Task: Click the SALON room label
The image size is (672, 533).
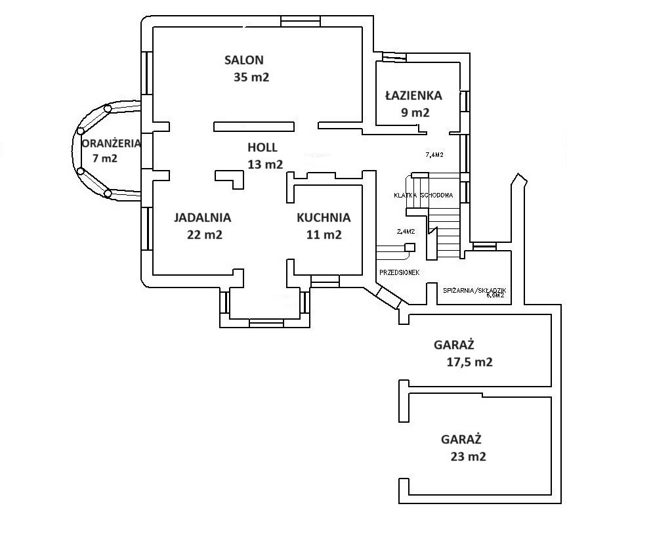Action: pos(243,60)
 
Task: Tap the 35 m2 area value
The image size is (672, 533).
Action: pos(251,77)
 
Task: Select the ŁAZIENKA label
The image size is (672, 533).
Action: pos(413,95)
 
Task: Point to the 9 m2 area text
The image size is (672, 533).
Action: pos(415,112)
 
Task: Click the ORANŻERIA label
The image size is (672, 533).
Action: pos(110,143)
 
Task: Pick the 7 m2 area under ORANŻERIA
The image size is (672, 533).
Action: pos(105,158)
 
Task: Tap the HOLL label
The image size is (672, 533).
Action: pos(262,147)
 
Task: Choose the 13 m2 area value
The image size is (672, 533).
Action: pos(265,164)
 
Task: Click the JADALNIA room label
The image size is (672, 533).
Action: pos(202,217)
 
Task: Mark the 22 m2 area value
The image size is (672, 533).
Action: pos(205,234)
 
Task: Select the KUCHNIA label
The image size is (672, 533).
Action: pos(324,217)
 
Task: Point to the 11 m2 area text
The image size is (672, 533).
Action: pos(324,234)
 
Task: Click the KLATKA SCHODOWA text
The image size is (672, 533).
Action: pos(424,196)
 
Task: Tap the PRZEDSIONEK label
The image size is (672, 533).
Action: pos(399,272)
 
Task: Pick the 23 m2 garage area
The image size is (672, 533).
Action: pos(469,457)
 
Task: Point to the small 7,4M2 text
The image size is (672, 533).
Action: pos(434,155)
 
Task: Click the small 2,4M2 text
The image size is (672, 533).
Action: pos(406,231)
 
